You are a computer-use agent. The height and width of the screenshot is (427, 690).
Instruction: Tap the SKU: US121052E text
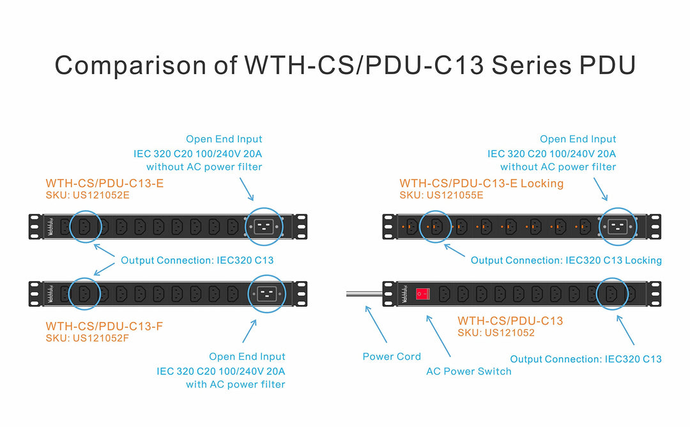coord(88,195)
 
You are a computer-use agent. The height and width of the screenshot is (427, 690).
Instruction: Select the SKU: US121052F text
coord(88,338)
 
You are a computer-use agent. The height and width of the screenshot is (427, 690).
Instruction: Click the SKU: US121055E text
coord(441,195)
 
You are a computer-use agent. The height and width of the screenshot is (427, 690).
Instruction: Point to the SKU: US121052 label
coord(496,332)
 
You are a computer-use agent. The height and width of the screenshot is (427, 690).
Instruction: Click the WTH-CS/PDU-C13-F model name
coord(104,326)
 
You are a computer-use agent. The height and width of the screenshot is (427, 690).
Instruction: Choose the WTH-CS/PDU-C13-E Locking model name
coord(482,183)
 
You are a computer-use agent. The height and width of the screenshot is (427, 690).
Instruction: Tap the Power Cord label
coord(392,356)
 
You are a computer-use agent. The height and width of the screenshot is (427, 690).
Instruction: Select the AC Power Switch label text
coord(469,371)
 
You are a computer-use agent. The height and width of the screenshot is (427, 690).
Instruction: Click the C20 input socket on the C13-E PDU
coord(267,226)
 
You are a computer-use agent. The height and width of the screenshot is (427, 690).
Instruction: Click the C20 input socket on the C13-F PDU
coord(267,293)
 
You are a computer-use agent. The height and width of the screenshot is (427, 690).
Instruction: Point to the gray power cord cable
coord(363,293)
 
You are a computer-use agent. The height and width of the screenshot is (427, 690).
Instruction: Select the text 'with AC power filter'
coord(236,384)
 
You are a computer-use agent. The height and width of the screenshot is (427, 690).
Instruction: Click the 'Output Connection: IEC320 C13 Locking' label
coord(566,260)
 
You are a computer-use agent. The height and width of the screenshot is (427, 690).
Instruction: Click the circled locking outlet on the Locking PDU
coord(436,226)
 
